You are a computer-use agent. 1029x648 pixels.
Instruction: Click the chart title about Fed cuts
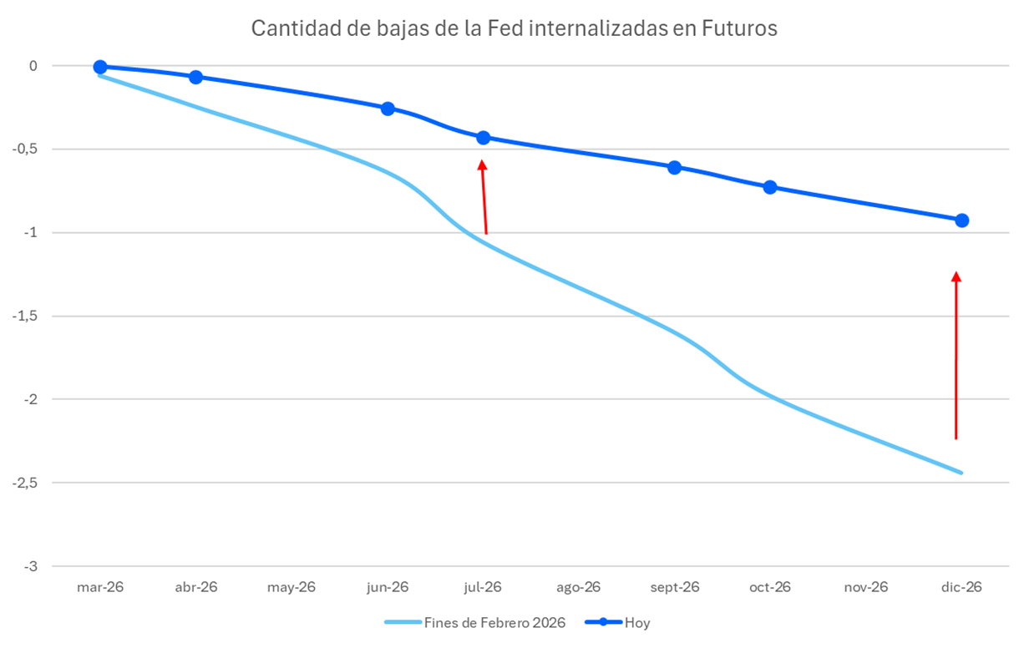(x=514, y=28)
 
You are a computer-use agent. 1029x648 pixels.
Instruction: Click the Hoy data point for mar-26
(x=100, y=67)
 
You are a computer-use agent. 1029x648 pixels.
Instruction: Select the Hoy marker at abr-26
(x=195, y=77)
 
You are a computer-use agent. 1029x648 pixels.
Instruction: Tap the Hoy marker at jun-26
(x=388, y=109)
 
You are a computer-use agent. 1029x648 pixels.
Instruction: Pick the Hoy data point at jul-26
(x=483, y=137)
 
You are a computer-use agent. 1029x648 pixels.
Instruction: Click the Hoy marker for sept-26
(x=674, y=167)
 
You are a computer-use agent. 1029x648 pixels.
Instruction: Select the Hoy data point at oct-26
(x=770, y=187)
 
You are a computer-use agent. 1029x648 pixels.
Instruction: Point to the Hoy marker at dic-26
(x=961, y=220)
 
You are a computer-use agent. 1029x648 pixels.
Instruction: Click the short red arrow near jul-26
(x=484, y=197)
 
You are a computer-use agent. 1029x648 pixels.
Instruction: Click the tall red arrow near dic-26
(x=956, y=355)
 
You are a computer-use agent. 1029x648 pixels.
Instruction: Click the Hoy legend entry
(x=637, y=623)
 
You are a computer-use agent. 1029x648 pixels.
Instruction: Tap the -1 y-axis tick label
(x=32, y=232)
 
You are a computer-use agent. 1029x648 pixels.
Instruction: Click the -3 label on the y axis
(x=32, y=566)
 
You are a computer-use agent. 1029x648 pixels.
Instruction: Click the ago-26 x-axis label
(x=578, y=587)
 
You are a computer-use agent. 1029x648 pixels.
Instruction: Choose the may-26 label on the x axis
(x=291, y=587)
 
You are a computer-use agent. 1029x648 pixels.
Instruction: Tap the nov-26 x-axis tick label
(x=865, y=587)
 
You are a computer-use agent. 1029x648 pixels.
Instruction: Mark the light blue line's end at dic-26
(x=961, y=473)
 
